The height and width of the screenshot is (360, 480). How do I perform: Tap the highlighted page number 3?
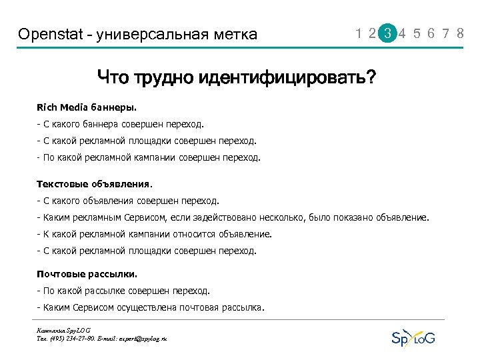pyautogui.click(x=387, y=33)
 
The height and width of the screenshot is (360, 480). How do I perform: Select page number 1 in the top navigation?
pyautogui.click(x=360, y=33)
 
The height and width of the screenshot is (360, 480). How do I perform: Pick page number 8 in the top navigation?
pyautogui.click(x=460, y=33)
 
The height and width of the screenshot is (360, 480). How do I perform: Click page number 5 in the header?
pyautogui.click(x=417, y=33)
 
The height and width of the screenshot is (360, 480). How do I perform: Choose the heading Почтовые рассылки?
pyautogui.click(x=87, y=273)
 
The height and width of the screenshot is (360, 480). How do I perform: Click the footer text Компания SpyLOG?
pyautogui.click(x=64, y=330)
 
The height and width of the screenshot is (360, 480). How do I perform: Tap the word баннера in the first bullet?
pyautogui.click(x=101, y=124)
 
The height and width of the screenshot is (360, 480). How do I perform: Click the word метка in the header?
pyautogui.click(x=235, y=34)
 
